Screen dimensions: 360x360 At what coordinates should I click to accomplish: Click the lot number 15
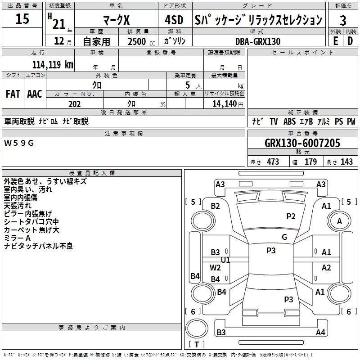(22, 18)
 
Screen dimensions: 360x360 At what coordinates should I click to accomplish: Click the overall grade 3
(343, 21)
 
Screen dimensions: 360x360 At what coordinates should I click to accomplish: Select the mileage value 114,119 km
(53, 64)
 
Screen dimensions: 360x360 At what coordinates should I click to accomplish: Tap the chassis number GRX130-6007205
(302, 143)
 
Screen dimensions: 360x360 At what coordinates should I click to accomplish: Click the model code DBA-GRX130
(258, 41)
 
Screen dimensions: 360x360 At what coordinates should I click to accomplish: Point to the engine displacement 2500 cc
(141, 41)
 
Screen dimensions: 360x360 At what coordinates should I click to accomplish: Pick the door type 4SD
(174, 20)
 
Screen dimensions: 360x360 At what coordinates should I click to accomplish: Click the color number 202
(74, 104)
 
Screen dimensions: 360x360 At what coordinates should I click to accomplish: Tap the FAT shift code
(13, 94)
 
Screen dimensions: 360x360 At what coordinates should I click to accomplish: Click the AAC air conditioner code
(35, 94)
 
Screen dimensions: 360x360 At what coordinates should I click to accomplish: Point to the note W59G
(19, 143)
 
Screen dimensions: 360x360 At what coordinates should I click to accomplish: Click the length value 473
(273, 162)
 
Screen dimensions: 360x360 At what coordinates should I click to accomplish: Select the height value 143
(346, 162)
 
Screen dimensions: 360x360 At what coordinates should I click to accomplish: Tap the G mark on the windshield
(284, 237)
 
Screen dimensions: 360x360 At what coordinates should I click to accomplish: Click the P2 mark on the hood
(291, 216)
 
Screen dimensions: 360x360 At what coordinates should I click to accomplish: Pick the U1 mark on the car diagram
(225, 260)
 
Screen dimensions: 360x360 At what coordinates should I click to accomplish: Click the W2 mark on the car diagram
(215, 267)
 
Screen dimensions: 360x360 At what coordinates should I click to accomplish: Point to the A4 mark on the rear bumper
(320, 332)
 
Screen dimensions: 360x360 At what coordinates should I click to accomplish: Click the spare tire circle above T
(197, 328)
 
